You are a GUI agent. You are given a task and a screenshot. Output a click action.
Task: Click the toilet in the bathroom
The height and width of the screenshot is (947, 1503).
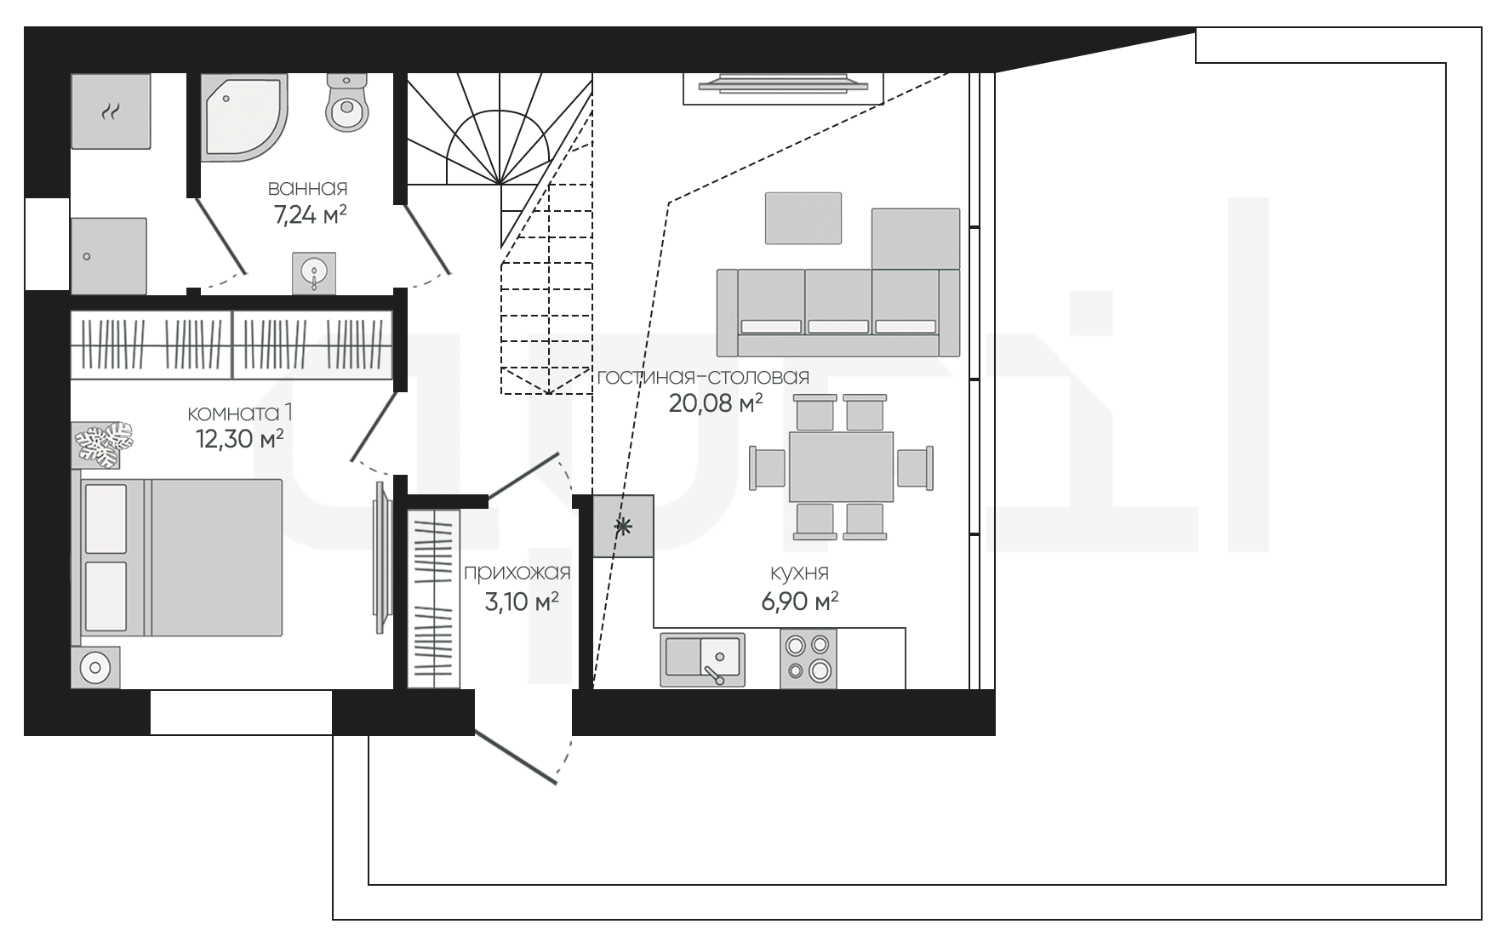pyautogui.click(x=346, y=102)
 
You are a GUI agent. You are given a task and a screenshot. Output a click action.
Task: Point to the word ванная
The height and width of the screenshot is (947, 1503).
pyautogui.click(x=308, y=188)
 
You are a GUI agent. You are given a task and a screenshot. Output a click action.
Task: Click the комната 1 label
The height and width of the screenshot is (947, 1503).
pyautogui.click(x=240, y=414)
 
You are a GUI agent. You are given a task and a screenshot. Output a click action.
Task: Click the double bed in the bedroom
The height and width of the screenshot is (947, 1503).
pyautogui.click(x=181, y=557)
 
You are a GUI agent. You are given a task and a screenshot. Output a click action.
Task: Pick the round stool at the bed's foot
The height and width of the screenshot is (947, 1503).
pyautogui.click(x=95, y=668)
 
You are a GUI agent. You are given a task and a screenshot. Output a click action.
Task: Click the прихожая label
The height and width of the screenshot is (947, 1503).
pyautogui.click(x=517, y=573)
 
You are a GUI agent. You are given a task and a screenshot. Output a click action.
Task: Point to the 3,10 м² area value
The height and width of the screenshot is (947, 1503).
pyautogui.click(x=522, y=602)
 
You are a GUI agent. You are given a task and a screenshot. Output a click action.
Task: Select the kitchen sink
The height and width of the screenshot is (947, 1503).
pyautogui.click(x=702, y=659)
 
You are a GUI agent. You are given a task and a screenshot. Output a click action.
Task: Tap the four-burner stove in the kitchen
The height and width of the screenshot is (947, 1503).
pyautogui.click(x=808, y=658)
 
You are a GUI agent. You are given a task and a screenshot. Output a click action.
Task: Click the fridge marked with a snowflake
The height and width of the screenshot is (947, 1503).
pyautogui.click(x=624, y=527)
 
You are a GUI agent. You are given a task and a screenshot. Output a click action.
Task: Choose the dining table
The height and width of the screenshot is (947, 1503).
pyautogui.click(x=841, y=466)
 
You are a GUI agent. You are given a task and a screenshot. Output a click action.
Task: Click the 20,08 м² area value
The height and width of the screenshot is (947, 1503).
pyautogui.click(x=715, y=403)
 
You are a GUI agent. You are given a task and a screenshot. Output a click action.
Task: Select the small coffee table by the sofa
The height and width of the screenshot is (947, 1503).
pyautogui.click(x=803, y=218)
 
